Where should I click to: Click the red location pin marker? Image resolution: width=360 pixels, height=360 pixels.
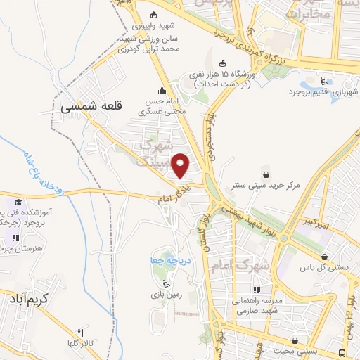click(x=181, y=165)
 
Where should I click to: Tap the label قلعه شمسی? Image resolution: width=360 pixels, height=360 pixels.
click(x=91, y=106)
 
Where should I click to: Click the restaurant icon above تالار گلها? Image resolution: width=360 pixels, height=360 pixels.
click(x=80, y=333)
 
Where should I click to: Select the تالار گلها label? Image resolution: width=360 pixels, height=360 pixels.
click(x=79, y=345)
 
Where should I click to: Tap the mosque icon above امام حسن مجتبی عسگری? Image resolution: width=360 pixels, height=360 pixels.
click(x=162, y=90)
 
